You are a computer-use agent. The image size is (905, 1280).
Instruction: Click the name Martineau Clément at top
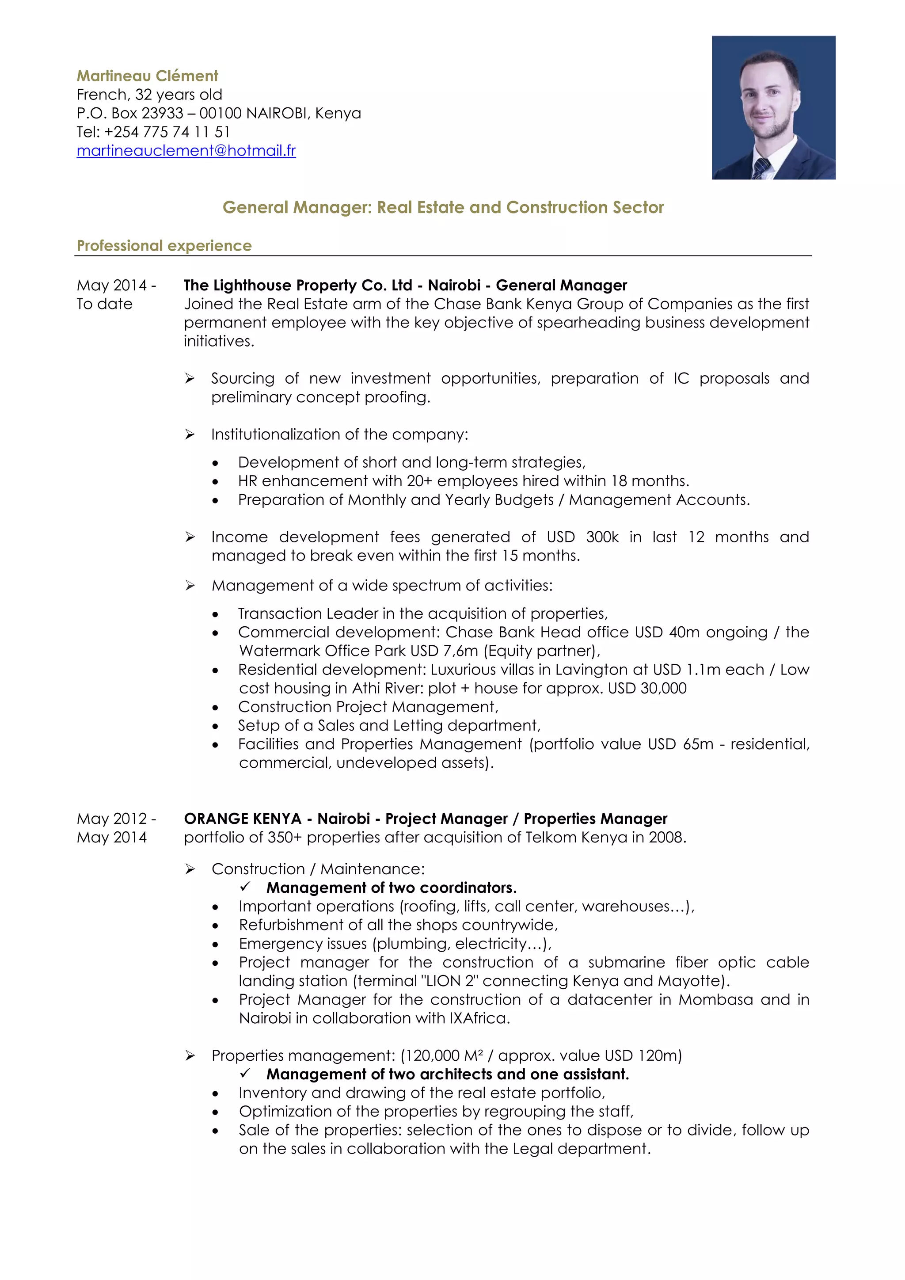click(147, 76)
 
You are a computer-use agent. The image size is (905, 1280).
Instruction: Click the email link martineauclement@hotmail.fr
click(186, 151)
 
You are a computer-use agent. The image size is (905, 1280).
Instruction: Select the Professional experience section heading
click(164, 246)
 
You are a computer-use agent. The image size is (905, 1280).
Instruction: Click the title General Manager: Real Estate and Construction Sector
click(443, 207)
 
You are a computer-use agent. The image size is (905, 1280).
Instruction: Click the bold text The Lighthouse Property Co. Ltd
click(297, 286)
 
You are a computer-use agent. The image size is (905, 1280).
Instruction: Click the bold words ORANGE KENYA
click(243, 819)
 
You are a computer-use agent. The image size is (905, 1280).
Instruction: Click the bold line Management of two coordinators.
click(391, 888)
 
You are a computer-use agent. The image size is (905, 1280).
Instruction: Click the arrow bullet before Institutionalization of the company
click(190, 434)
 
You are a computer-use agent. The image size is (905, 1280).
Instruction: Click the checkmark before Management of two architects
click(245, 1073)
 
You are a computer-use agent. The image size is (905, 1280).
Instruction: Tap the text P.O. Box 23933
click(130, 113)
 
